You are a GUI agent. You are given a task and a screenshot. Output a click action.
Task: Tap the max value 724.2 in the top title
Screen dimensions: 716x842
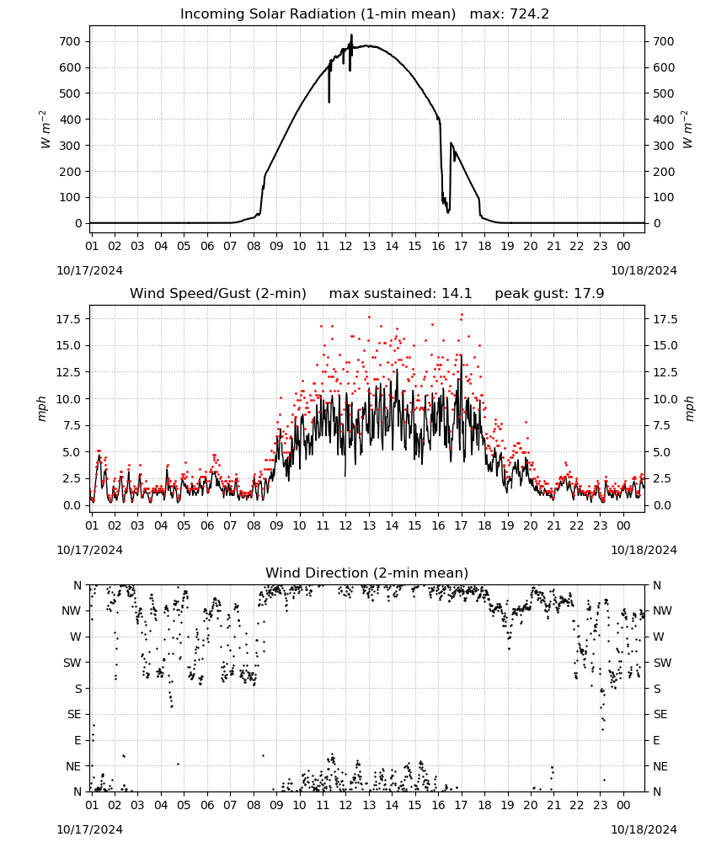coord(529,13)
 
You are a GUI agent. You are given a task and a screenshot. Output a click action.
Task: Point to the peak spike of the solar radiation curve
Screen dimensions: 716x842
coord(352,35)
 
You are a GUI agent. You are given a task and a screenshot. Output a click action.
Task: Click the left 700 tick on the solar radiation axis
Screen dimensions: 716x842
coord(70,41)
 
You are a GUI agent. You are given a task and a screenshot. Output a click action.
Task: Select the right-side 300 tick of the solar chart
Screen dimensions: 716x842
coord(664,146)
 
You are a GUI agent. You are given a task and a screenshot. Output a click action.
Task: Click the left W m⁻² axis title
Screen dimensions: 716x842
coord(45,130)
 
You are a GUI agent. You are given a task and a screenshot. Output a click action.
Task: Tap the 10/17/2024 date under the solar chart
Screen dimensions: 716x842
coord(89,270)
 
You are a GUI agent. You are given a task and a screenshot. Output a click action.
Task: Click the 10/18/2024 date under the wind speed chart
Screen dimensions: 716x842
coord(644,550)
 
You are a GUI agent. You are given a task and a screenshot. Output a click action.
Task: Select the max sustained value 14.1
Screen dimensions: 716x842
coord(457,293)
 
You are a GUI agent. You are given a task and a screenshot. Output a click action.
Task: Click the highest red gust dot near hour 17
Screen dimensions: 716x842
coord(462,315)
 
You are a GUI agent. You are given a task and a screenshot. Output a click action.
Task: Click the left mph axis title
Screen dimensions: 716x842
coord(42,408)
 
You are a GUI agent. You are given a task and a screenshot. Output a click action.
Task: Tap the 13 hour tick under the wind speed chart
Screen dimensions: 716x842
coord(369,525)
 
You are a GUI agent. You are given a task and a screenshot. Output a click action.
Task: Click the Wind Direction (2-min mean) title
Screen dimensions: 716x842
coord(367,573)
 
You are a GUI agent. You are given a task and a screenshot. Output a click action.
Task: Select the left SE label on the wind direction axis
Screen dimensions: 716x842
coord(74,714)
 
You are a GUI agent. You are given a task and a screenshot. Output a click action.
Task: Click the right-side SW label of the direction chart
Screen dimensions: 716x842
coord(662,663)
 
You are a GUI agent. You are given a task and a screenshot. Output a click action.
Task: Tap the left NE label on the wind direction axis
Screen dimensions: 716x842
coord(73,766)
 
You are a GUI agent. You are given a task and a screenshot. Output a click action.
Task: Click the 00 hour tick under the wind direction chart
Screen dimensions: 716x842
coord(623,805)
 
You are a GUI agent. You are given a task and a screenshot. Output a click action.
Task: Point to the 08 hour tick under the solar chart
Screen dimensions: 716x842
coord(254,246)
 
